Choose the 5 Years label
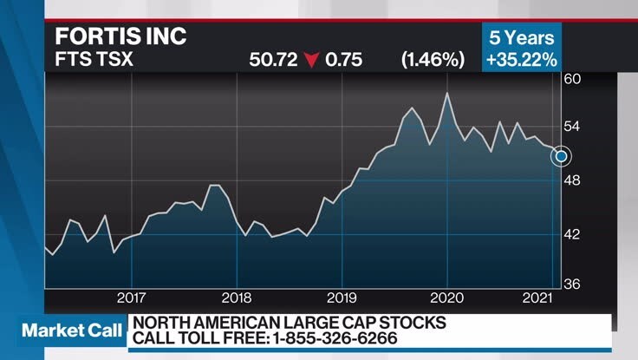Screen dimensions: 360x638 click(x=522, y=38)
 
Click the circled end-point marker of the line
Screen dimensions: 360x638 click(x=562, y=155)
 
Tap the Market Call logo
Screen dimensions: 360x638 click(x=66, y=331)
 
